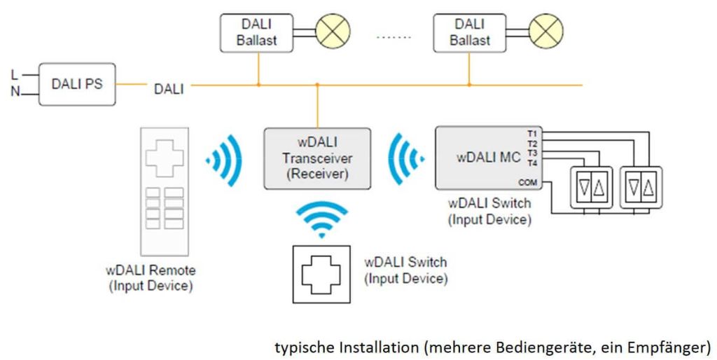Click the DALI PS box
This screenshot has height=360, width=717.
[77, 84]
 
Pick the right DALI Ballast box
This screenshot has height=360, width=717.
[470, 32]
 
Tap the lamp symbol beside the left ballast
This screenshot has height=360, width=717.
[333, 32]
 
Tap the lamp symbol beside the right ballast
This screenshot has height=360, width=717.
[545, 32]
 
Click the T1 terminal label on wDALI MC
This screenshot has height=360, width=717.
[531, 132]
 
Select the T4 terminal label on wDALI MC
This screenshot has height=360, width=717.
[531, 162]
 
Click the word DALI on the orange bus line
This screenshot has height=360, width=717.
[169, 89]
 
